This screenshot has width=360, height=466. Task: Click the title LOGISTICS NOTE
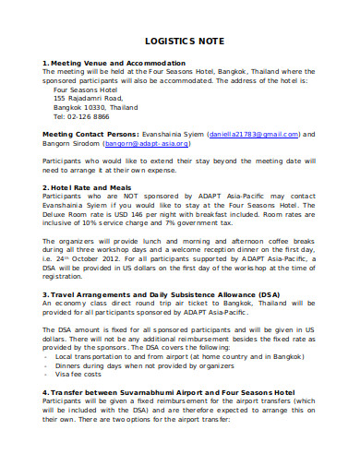click(180, 42)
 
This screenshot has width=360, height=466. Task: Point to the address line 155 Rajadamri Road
click(88, 97)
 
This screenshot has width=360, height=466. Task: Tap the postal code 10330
click(97, 107)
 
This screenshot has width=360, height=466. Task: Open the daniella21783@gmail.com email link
click(252, 135)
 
